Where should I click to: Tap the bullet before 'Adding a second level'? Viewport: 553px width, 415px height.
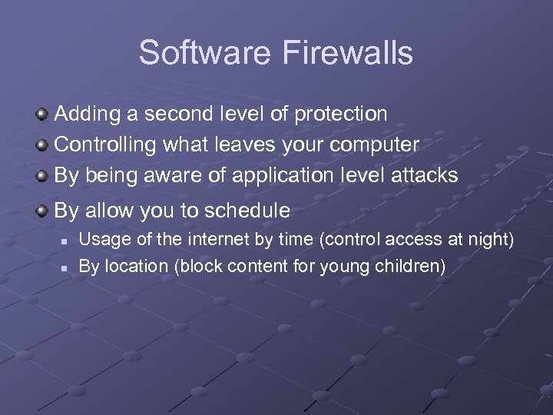pyautogui.click(x=43, y=115)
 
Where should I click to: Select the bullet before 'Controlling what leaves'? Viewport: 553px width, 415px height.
pyautogui.click(x=43, y=144)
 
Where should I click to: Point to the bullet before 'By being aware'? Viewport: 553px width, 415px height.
pyautogui.click(x=43, y=175)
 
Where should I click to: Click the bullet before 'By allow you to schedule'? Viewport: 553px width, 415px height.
pyautogui.click(x=43, y=210)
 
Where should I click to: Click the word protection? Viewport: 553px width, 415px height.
pyautogui.click(x=341, y=115)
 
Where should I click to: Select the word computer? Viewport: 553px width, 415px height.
pyautogui.click(x=376, y=145)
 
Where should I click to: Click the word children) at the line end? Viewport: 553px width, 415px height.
pyautogui.click(x=412, y=267)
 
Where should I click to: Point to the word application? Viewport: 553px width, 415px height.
pyautogui.click(x=276, y=176)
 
